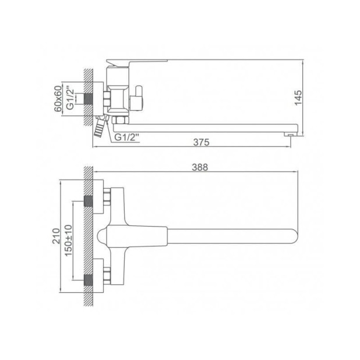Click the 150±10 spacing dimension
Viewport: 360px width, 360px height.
click(x=68, y=241)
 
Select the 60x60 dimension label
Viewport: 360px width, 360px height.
click(x=57, y=99)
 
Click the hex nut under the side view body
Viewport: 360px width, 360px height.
click(x=121, y=120)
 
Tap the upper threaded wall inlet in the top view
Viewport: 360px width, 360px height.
click(x=89, y=201)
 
